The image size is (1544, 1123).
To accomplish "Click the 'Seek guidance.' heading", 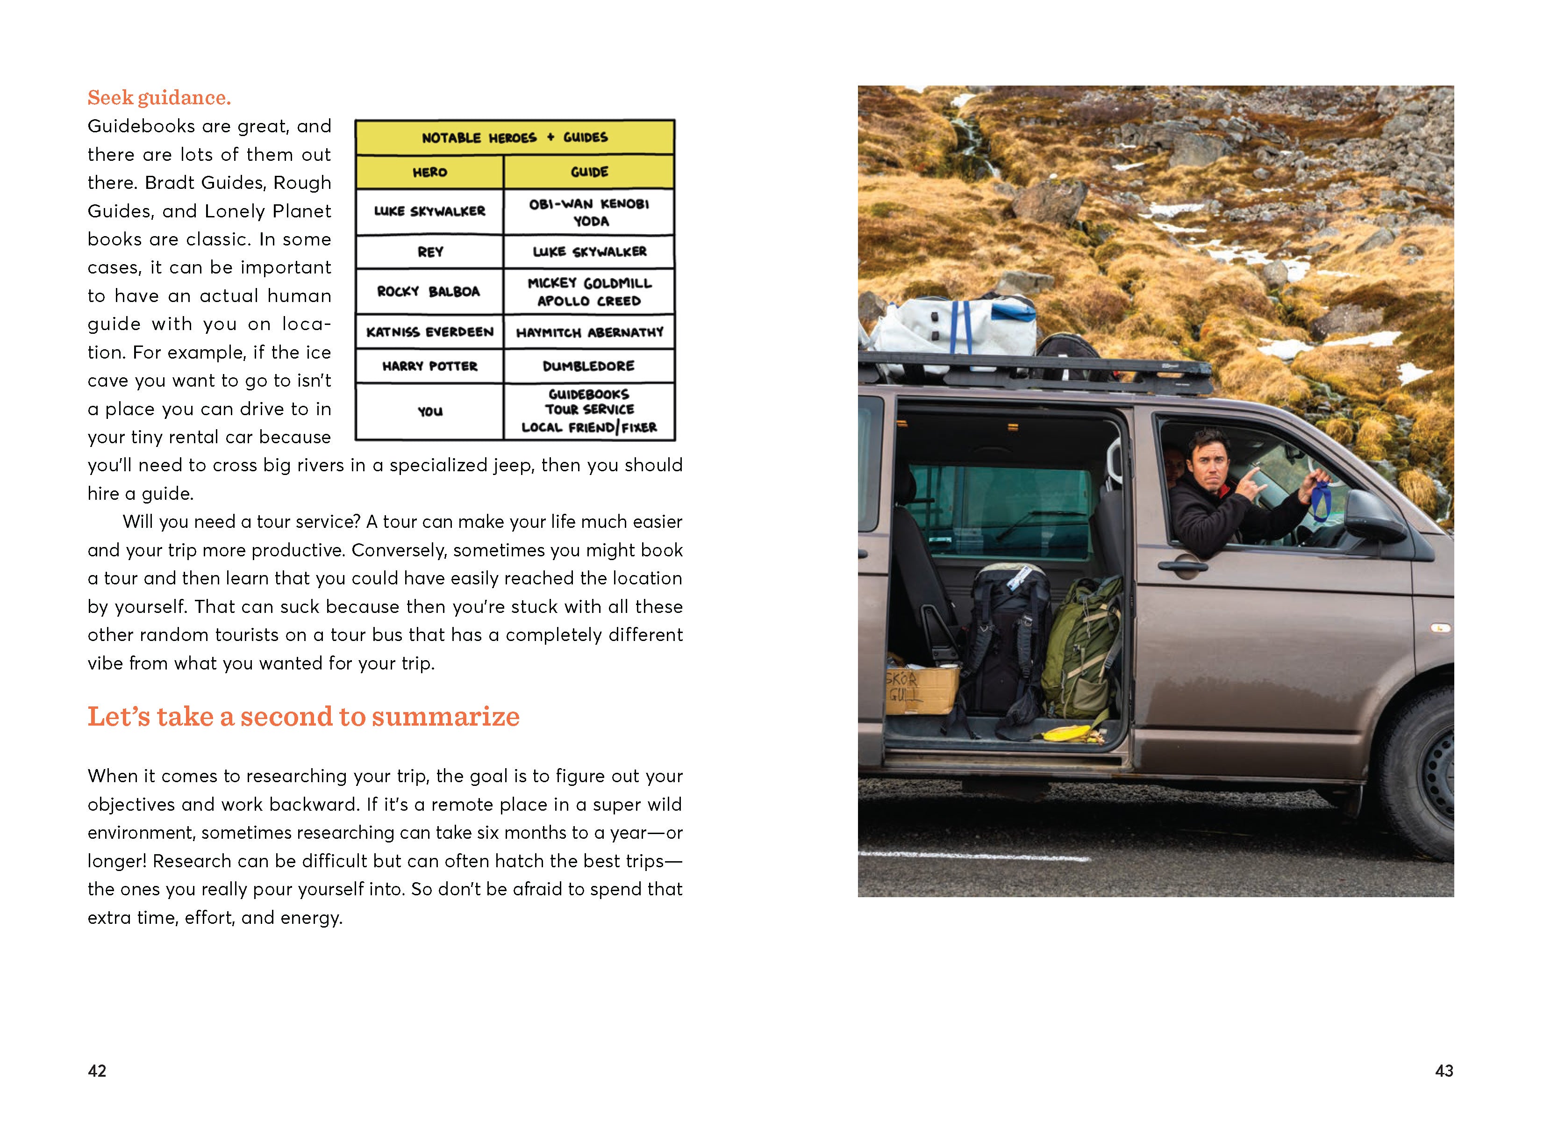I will (x=159, y=98).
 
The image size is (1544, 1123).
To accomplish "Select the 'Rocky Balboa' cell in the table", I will (x=429, y=291).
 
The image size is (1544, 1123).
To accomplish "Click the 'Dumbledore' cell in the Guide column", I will (x=589, y=367).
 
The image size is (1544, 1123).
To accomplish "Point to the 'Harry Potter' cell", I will (x=429, y=367).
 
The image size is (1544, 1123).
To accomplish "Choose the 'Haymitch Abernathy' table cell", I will (x=589, y=332).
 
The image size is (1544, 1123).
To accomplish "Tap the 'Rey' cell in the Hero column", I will (x=429, y=252).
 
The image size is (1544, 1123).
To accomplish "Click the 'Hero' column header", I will (x=429, y=173).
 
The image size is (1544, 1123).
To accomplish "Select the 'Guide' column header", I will (x=589, y=173).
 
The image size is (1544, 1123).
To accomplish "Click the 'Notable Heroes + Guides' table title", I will (x=515, y=137).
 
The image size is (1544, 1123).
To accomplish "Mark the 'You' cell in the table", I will (x=429, y=411).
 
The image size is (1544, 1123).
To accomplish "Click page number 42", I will (x=97, y=1071).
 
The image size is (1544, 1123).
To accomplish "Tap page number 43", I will (x=1444, y=1071).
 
